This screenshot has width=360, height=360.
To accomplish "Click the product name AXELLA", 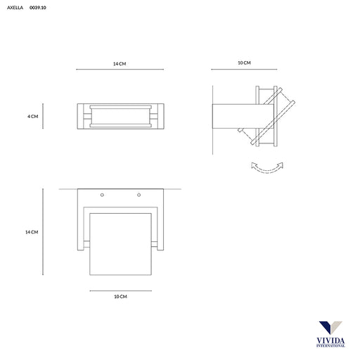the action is [x=15, y=8].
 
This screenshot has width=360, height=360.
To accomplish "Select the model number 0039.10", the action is [x=38, y=8].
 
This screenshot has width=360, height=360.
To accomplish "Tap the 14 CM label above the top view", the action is [x=120, y=64].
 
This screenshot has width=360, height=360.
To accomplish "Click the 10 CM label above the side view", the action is [x=244, y=63].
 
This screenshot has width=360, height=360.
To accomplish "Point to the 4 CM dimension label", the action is [x=33, y=116].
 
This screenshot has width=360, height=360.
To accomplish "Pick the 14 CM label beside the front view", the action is [x=32, y=232].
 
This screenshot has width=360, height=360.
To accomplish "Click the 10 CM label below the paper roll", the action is [x=120, y=297].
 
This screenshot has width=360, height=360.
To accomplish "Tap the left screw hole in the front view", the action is [x=102, y=195].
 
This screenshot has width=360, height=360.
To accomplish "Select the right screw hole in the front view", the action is [x=139, y=195].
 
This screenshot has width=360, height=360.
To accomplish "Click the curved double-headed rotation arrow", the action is [x=267, y=171].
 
